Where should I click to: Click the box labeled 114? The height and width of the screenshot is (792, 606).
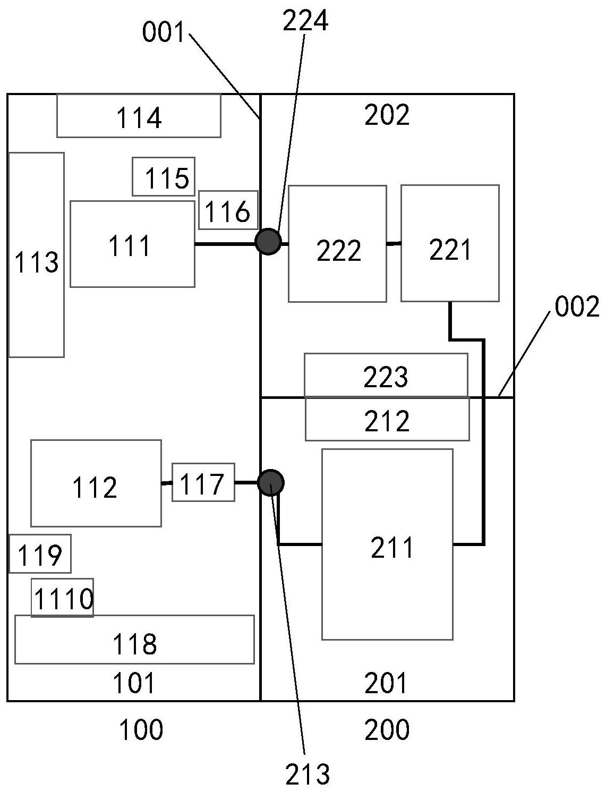(139, 116)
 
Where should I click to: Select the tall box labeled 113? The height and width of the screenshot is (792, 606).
(36, 255)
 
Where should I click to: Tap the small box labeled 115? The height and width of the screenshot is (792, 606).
(164, 177)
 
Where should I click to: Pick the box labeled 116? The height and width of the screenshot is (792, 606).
(228, 210)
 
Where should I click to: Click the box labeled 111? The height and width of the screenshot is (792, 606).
(132, 244)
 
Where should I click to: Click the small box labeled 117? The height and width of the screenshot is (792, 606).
(203, 482)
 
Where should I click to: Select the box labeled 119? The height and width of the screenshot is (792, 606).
(40, 553)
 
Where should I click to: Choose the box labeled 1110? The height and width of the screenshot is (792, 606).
(62, 598)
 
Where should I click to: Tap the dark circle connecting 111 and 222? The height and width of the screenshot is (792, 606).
(268, 242)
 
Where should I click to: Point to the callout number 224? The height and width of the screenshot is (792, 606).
(305, 21)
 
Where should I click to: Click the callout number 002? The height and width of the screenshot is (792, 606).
(577, 307)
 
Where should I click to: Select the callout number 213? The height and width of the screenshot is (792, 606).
(308, 774)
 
